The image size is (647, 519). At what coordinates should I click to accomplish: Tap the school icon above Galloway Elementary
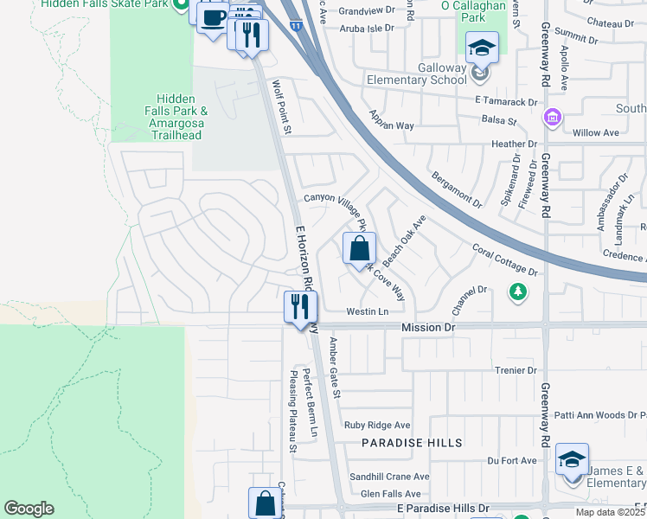[482, 47]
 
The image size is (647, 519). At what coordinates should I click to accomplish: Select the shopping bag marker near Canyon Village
[359, 248]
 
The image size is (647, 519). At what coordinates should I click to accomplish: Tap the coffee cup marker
[213, 18]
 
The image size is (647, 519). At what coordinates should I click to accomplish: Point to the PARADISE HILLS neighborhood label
[412, 443]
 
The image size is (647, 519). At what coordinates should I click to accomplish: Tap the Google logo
[29, 509]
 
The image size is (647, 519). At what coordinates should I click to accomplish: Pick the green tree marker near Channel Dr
[517, 292]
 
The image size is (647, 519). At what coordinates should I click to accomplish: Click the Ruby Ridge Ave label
[377, 425]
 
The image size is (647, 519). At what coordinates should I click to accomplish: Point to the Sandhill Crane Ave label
[389, 477]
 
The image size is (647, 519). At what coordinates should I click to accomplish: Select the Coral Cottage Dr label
[505, 260]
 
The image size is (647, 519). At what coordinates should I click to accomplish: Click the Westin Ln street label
[367, 311]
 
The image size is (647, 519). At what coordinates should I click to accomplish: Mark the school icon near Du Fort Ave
[572, 459]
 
